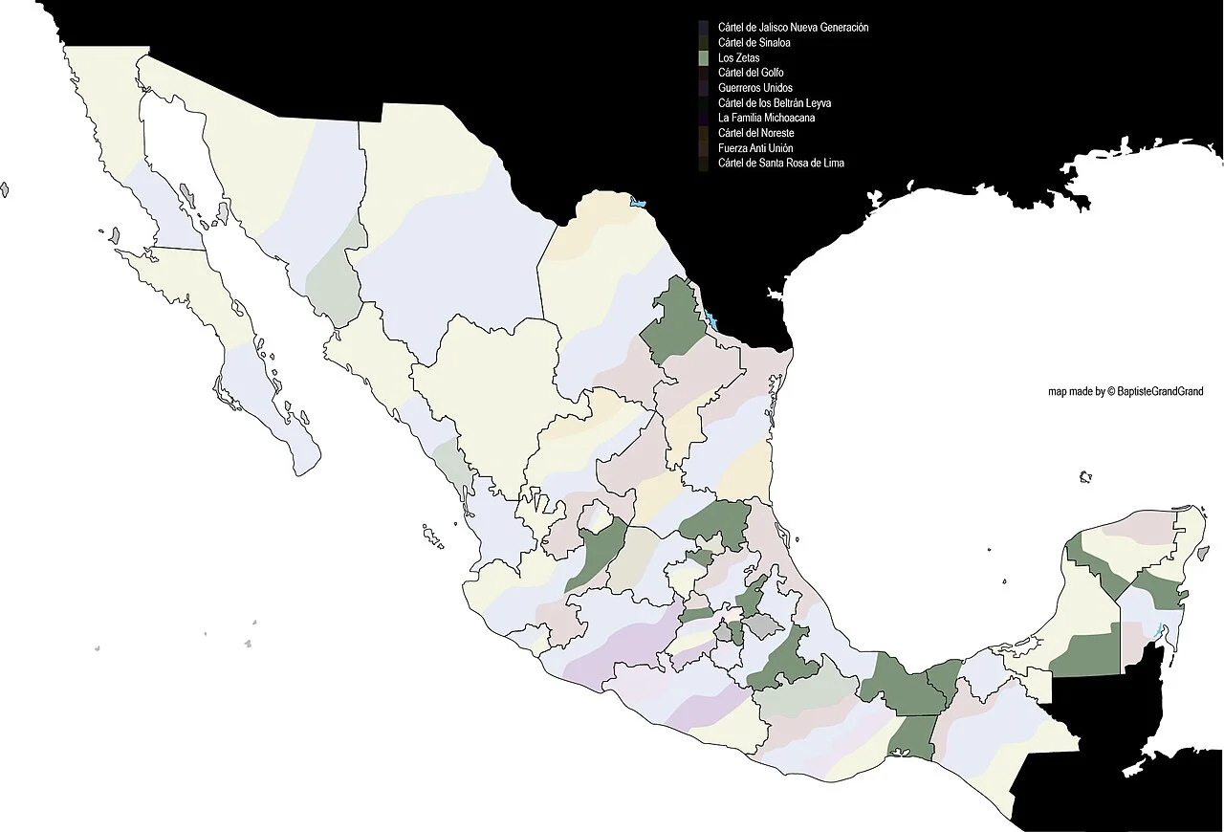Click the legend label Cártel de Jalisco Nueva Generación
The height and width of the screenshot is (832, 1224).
click(793, 28)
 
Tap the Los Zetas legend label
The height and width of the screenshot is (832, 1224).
click(738, 58)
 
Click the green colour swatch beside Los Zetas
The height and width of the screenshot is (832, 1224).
click(704, 58)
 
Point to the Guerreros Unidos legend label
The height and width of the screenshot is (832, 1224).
click(754, 88)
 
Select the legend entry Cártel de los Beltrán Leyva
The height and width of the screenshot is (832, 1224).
click(776, 103)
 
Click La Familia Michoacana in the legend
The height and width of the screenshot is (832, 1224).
click(766, 118)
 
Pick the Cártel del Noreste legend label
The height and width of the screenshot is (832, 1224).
click(755, 133)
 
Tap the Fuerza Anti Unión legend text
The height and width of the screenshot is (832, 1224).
click(754, 148)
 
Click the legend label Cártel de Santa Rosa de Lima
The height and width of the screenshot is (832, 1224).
click(780, 164)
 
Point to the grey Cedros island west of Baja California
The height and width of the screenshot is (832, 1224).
click(114, 234)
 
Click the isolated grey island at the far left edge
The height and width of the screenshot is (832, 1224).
click(4, 189)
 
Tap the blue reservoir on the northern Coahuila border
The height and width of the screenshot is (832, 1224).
click(637, 202)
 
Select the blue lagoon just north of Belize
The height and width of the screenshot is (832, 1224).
click(1159, 630)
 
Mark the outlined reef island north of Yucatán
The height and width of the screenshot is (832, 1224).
click(1085, 476)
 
